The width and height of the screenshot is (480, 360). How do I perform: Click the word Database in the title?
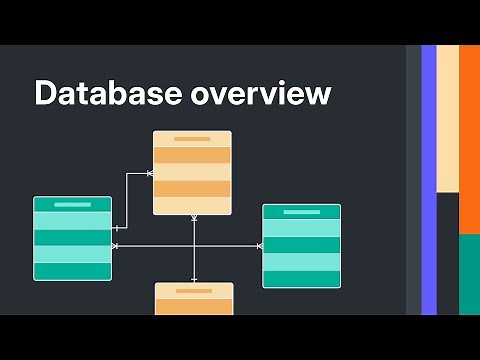[x=97, y=95]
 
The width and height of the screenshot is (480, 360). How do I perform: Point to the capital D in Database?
[x=45, y=95]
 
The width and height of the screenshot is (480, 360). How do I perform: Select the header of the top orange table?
[x=192, y=139]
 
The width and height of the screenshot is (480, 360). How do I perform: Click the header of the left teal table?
[x=72, y=204]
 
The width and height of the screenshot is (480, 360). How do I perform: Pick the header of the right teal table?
[x=301, y=212]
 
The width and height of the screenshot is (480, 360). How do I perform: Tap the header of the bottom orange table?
[x=194, y=290]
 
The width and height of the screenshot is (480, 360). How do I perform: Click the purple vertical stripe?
[x=429, y=180]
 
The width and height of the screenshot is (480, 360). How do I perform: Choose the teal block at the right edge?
[x=469, y=275]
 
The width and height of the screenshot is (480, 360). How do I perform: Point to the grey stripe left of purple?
[x=413, y=180]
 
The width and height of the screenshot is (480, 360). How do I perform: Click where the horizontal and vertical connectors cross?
[x=194, y=246]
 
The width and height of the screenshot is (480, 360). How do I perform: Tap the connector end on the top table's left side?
[x=150, y=174]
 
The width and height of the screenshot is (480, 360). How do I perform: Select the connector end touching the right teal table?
[x=259, y=246]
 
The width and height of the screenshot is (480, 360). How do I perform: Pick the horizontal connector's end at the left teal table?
[x=115, y=246]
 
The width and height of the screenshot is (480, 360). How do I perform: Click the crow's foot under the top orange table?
[x=194, y=218]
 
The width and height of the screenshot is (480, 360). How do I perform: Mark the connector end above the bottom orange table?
[x=194, y=279]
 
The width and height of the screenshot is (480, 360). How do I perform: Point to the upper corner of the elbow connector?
[x=127, y=174]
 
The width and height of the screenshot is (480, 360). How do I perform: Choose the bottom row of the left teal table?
[x=72, y=271]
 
